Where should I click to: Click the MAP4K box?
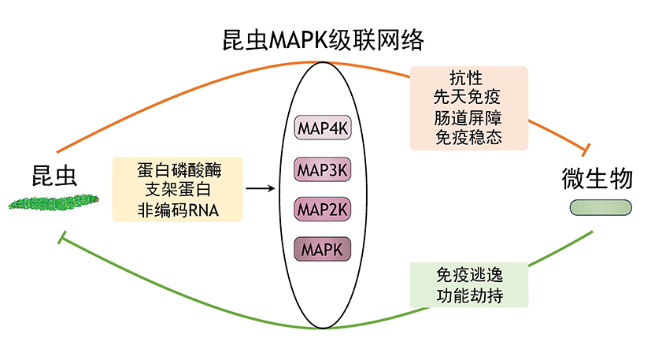pos(323,128)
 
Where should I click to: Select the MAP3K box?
pos(323,169)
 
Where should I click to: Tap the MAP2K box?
pos(323,209)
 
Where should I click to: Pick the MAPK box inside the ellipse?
pos(323,249)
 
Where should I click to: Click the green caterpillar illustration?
pos(54,203)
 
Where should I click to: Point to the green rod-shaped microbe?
pos(601,207)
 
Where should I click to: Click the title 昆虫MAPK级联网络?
pos(323,40)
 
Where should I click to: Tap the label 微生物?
pos(597,178)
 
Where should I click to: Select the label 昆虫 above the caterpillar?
pos(54,176)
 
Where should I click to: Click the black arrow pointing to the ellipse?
pos(261,189)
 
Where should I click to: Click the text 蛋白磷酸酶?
pos(179,170)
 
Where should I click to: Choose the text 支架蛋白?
pos(178,190)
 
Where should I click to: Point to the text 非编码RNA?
pos(178,210)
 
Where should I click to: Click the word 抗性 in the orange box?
pos(466,77)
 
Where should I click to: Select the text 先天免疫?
pos(467,97)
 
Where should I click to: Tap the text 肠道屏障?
pos(468,117)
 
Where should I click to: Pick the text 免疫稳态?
pos(468,137)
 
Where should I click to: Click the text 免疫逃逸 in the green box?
pos(470,275)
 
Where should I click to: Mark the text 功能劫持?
pos(470,295)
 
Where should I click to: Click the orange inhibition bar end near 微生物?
pos(586,150)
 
